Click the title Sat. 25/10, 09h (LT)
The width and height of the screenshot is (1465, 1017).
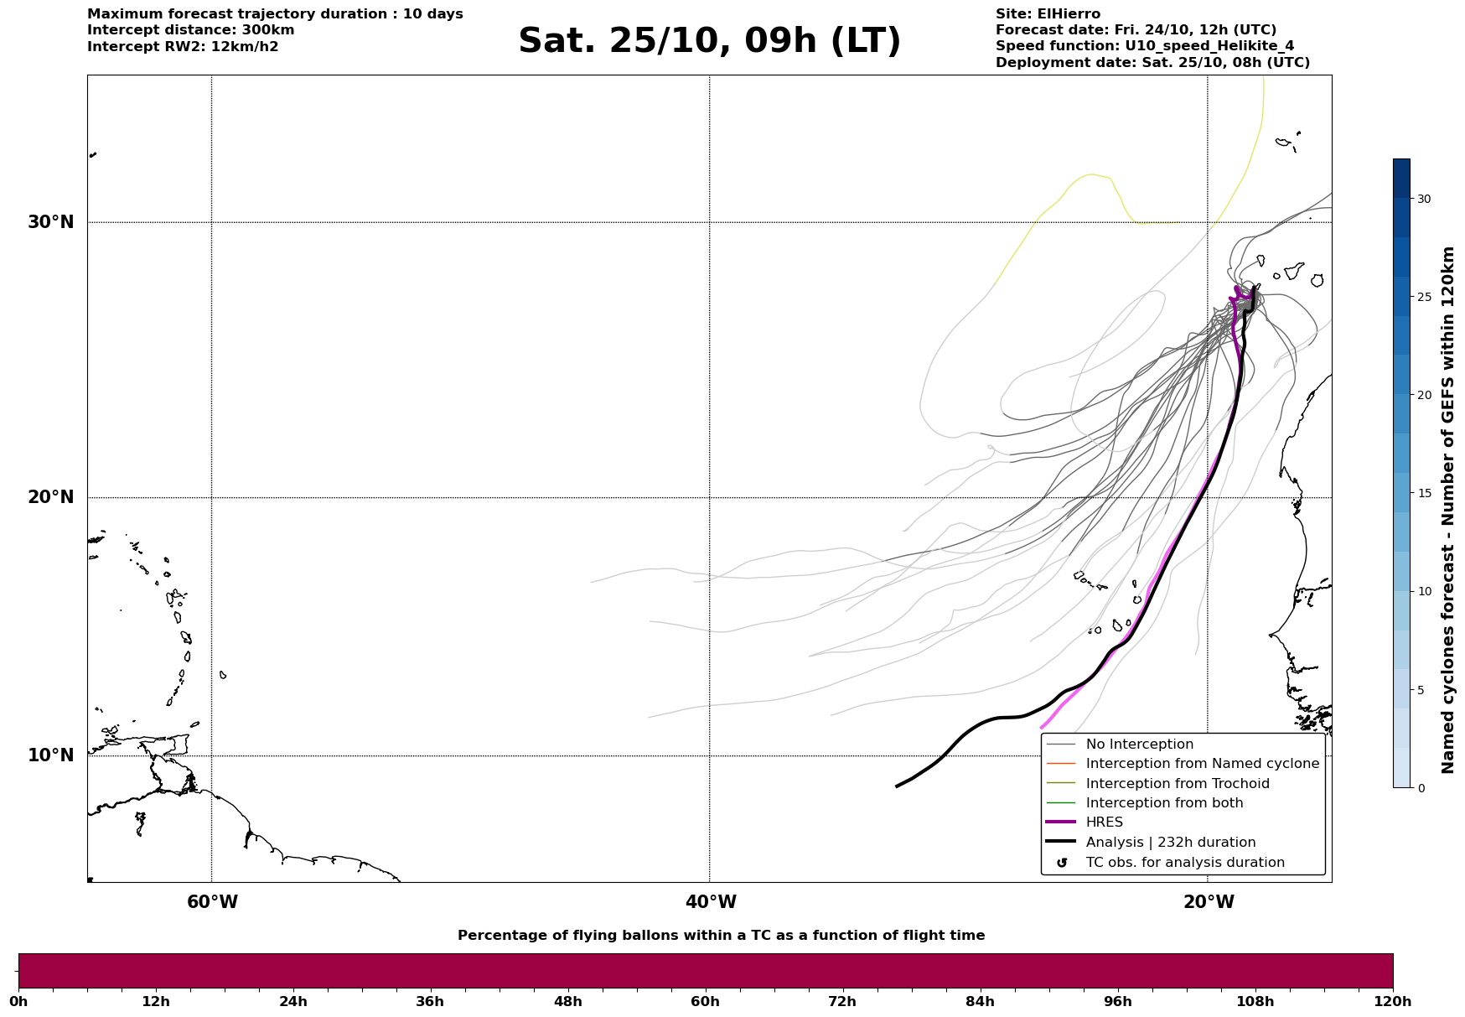click(709, 41)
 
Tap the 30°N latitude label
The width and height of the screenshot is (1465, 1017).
click(50, 222)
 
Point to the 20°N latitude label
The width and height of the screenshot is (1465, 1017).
click(50, 497)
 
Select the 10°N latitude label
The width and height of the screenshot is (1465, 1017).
click(50, 755)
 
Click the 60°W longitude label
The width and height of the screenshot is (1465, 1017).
click(212, 902)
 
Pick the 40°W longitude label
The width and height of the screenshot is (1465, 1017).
click(711, 902)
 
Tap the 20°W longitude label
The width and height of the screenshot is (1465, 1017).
click(1209, 902)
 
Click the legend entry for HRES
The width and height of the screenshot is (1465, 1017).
click(1104, 822)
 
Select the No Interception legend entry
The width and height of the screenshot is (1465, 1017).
click(1139, 745)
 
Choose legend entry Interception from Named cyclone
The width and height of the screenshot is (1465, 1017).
click(1202, 764)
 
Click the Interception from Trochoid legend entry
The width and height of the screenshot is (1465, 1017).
click(1177, 784)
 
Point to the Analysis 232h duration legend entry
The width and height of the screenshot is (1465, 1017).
click(1170, 843)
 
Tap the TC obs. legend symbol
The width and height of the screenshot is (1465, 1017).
click(1062, 863)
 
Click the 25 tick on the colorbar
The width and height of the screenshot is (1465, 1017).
click(1423, 297)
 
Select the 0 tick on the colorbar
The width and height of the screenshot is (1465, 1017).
click(1420, 787)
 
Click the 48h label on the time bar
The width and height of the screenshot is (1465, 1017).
click(567, 1001)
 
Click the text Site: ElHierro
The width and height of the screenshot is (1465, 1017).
click(1048, 14)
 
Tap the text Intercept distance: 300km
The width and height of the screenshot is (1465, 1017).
click(190, 30)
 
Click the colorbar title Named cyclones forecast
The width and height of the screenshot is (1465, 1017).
click(1447, 510)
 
